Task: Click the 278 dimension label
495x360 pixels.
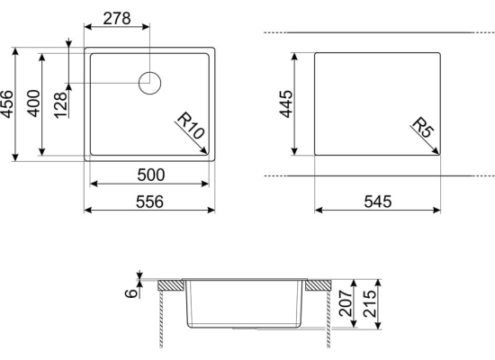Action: (x=117, y=18)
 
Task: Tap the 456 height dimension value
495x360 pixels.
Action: (x=7, y=104)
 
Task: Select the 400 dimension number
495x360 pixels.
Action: (x=33, y=103)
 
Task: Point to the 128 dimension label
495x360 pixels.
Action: (x=60, y=105)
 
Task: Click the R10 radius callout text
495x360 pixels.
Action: (x=191, y=126)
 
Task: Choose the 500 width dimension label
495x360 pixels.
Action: (x=151, y=175)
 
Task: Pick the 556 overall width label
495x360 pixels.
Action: (x=149, y=202)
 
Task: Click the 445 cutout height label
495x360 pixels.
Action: (x=286, y=103)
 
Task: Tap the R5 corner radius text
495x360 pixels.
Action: (x=423, y=127)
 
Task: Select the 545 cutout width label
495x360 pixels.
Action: (x=378, y=202)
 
